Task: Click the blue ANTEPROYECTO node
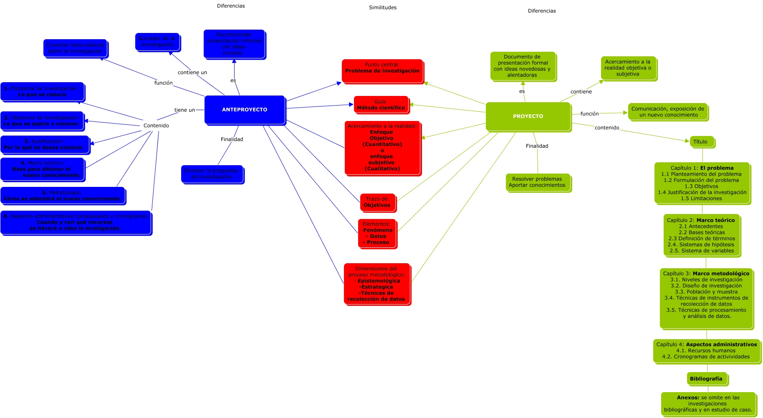click(x=245, y=110)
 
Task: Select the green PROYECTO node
click(x=528, y=116)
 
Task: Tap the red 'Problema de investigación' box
click(x=382, y=71)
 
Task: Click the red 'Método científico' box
click(x=381, y=105)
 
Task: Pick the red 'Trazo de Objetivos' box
click(x=377, y=202)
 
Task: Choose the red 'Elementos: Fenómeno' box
click(x=377, y=233)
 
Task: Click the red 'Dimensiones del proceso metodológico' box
click(x=376, y=284)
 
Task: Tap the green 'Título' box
click(x=702, y=142)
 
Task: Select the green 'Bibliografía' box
click(x=706, y=379)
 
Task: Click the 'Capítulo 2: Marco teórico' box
click(x=701, y=235)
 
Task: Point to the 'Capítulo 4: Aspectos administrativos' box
click(x=706, y=350)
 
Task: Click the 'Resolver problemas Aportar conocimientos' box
click(x=537, y=182)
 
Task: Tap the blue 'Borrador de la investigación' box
click(x=157, y=42)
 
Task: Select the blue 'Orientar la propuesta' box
click(x=212, y=174)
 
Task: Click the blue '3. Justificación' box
click(x=44, y=144)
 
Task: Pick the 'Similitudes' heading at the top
click(x=383, y=8)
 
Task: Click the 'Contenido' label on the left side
click(x=156, y=126)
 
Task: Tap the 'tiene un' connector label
click(x=184, y=110)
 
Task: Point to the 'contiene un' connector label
click(x=192, y=73)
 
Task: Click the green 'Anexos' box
click(x=708, y=403)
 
